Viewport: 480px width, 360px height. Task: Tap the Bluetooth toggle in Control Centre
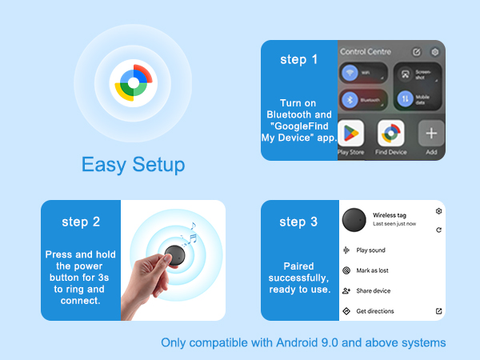(x=350, y=100)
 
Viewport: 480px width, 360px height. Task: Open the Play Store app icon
(x=351, y=133)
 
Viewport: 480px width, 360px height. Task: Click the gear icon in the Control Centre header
(x=434, y=52)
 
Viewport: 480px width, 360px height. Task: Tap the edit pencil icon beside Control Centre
(x=416, y=52)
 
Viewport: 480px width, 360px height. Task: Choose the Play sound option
(x=370, y=250)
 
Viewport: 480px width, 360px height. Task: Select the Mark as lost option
(x=373, y=271)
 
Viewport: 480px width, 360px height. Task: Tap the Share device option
(x=373, y=291)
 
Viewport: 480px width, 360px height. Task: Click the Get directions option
(x=374, y=311)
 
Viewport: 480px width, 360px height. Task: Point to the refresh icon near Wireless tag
(x=438, y=230)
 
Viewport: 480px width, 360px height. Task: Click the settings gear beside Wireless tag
(x=438, y=211)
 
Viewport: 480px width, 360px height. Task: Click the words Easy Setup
(x=133, y=165)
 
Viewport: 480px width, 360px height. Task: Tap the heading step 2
(x=80, y=222)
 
